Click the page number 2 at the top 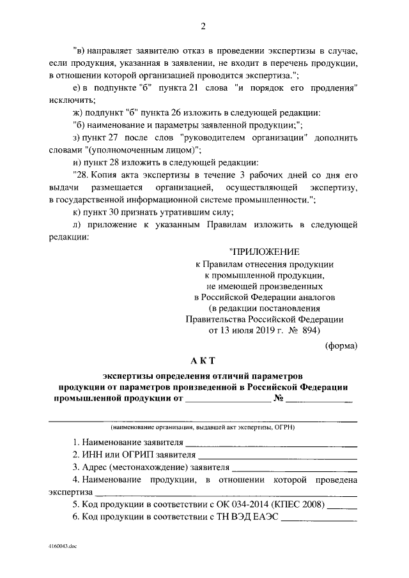[203, 26]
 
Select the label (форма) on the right [341, 346]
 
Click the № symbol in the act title [278, 399]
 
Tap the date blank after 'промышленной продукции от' [227, 401]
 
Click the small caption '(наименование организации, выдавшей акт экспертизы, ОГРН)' [203, 427]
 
